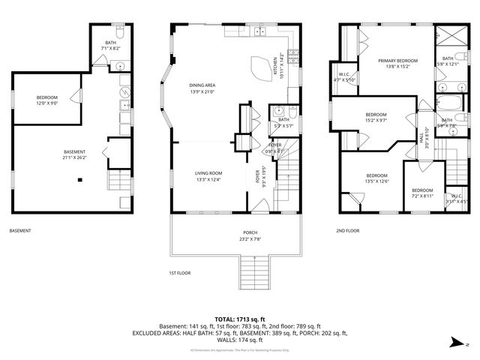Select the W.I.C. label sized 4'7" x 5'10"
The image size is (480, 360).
[x=345, y=77]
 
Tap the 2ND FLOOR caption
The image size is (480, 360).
[x=349, y=231]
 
